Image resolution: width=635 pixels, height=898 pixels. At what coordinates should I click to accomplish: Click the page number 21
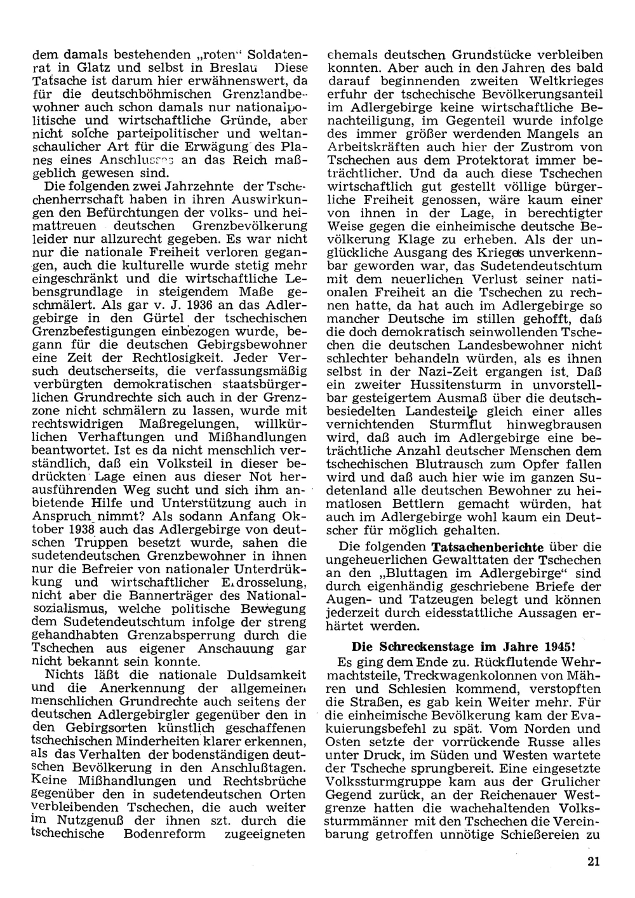594,861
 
